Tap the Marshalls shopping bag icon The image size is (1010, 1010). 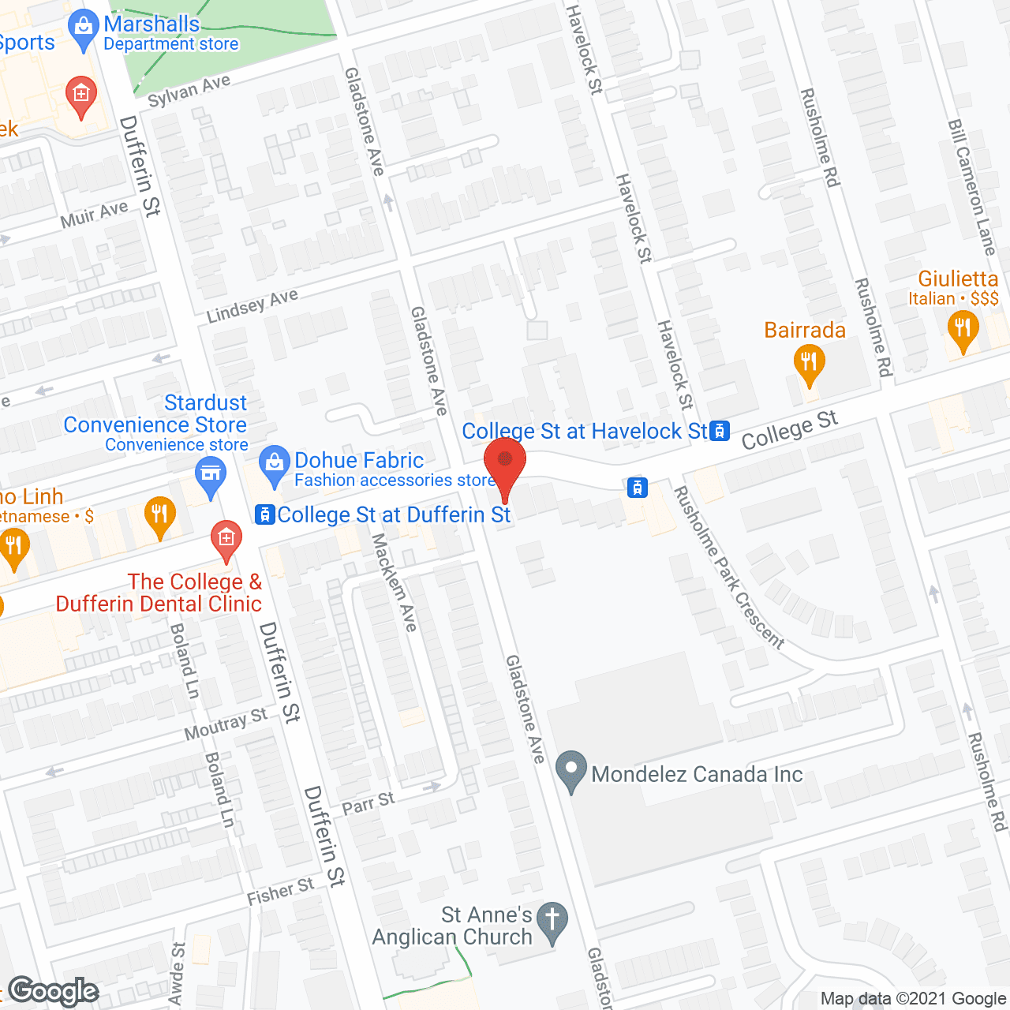coord(82,28)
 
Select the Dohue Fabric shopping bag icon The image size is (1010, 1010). coord(275,466)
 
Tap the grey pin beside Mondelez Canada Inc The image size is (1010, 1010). coord(570,772)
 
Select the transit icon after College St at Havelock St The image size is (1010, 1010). coord(719,431)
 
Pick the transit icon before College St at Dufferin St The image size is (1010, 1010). coord(264,515)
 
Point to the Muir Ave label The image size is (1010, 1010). coord(94,215)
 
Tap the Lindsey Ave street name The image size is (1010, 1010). coord(252,305)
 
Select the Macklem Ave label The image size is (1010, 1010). coord(394,582)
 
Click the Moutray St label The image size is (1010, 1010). coord(226,724)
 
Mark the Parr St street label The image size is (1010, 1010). coord(368,804)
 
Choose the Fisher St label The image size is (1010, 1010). coord(280,892)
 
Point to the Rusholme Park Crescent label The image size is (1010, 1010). coord(728,568)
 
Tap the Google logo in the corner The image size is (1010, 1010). coord(54,991)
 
